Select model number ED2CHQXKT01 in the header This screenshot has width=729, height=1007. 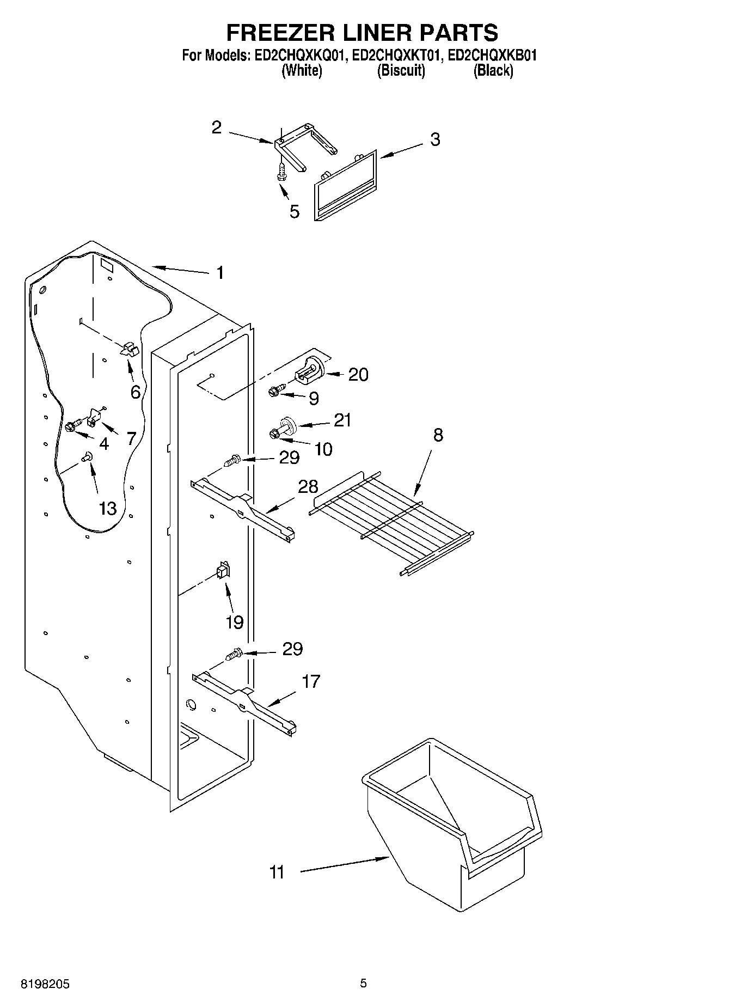(x=395, y=55)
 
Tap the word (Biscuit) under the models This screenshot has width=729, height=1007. (x=401, y=70)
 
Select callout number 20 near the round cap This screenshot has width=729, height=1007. (x=358, y=375)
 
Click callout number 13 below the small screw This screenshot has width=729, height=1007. (x=108, y=508)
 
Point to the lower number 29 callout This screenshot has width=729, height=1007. (x=292, y=649)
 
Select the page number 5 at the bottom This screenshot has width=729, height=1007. (x=364, y=984)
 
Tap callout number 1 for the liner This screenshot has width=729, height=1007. (x=220, y=272)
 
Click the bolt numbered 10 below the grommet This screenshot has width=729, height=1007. (x=275, y=434)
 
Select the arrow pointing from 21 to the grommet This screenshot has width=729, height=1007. (x=314, y=423)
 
